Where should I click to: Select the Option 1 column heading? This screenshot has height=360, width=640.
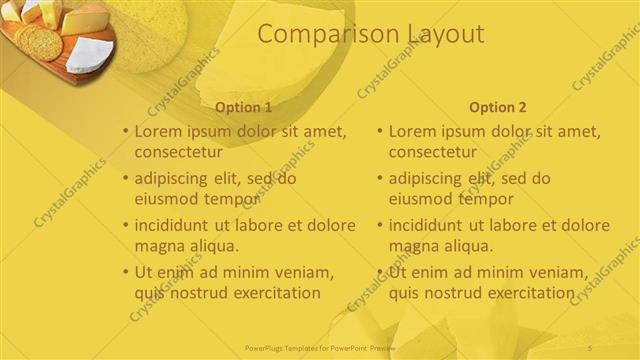(x=243, y=107)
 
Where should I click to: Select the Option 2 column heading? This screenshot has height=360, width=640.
(x=497, y=107)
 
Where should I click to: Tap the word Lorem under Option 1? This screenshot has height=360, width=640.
(x=160, y=131)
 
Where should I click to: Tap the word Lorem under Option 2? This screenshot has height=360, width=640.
(x=414, y=131)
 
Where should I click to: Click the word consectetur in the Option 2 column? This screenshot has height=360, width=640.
(x=432, y=152)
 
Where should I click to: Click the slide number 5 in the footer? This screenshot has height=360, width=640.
(x=590, y=347)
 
